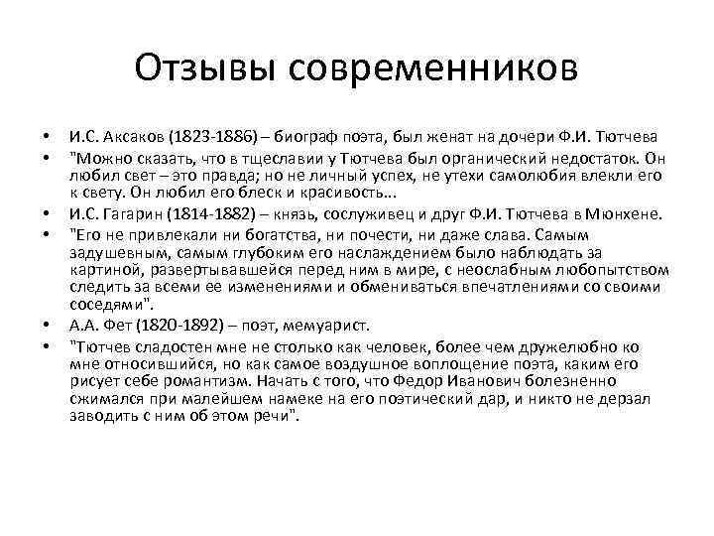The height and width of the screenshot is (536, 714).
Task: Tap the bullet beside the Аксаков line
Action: click(x=46, y=136)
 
